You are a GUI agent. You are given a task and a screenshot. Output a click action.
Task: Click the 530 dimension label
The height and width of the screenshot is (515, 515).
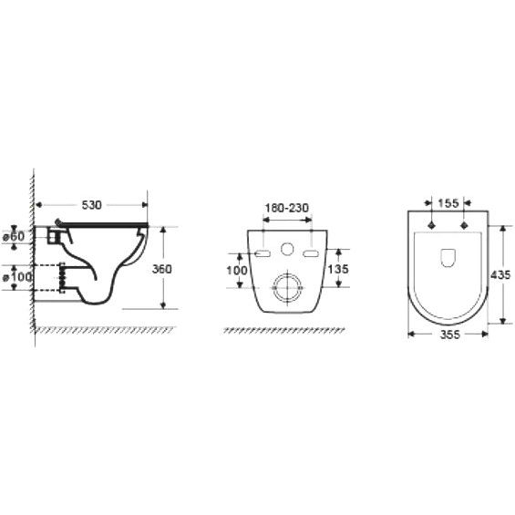[x=92, y=205]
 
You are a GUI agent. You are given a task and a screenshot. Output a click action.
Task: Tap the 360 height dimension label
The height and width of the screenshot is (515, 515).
[x=162, y=269]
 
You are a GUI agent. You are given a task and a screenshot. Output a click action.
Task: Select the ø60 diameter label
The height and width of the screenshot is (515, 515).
[x=14, y=236]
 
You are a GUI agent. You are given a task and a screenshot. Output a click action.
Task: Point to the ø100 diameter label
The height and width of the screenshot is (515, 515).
[x=17, y=277]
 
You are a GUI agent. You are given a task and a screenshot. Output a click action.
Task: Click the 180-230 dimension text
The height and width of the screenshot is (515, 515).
[x=287, y=208]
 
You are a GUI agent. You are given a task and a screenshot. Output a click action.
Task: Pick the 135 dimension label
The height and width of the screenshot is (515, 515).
[x=338, y=269]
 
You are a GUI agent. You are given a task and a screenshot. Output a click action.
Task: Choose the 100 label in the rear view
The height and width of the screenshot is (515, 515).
[x=237, y=271]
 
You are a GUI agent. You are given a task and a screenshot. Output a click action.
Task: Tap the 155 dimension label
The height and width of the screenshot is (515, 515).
[x=448, y=203]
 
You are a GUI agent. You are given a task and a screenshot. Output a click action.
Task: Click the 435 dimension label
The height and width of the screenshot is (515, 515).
[x=500, y=274]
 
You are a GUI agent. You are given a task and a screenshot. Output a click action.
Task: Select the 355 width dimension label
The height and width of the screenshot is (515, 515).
[x=450, y=335]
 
